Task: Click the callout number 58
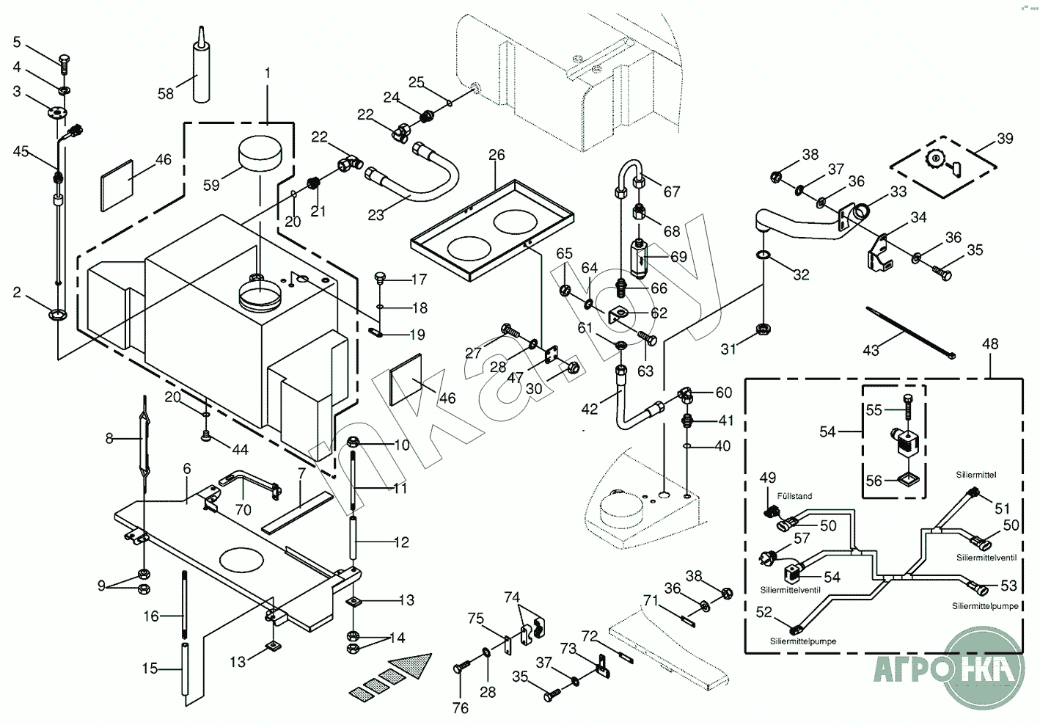click(x=166, y=93)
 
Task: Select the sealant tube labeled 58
click(x=200, y=73)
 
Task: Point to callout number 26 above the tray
click(x=497, y=155)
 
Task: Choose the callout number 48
click(x=989, y=343)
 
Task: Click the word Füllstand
click(x=794, y=496)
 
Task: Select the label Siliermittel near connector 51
click(x=975, y=475)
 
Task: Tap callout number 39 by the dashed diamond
click(x=1004, y=139)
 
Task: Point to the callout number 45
click(x=21, y=151)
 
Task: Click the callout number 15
click(x=150, y=668)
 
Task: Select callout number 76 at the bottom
click(x=460, y=707)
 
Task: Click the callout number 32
click(x=801, y=274)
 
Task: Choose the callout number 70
click(x=243, y=509)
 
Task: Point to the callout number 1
click(x=268, y=73)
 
